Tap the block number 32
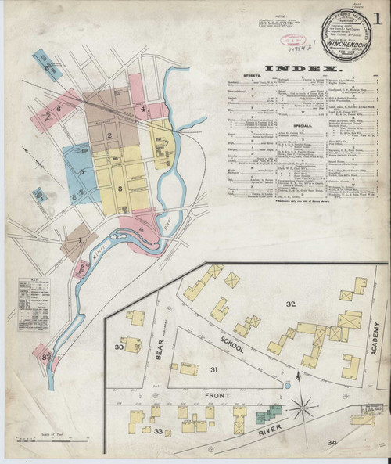[x=291, y=303]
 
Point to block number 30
[x=120, y=347]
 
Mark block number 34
[x=332, y=443]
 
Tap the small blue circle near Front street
[x=287, y=385]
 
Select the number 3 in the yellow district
[x=120, y=189]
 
